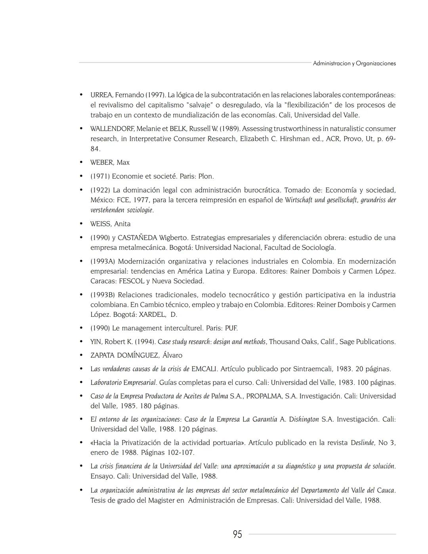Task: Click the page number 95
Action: coord(237,534)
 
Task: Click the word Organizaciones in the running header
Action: coord(376,63)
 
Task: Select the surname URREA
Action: coord(102,95)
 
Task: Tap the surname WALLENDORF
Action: coord(112,129)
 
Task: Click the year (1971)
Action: coord(100,176)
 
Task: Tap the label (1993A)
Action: coord(103,261)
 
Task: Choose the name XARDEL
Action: coord(153,314)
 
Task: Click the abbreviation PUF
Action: coord(231,328)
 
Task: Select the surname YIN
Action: coord(96,342)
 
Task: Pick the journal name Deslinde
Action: coord(362,443)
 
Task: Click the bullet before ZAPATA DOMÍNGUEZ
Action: coord(81,355)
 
